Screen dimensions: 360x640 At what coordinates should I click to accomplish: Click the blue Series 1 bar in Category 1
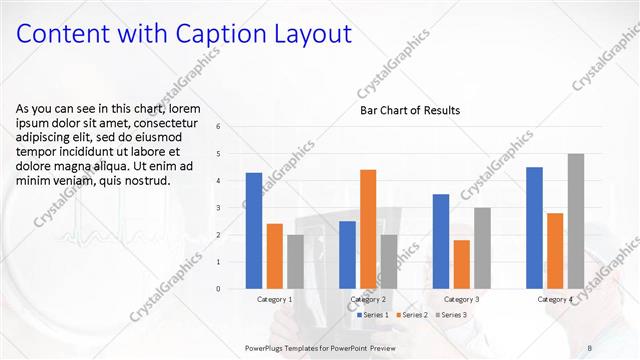254,231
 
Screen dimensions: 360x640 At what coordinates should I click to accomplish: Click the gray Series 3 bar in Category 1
295,262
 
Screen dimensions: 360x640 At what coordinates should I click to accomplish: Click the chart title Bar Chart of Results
410,111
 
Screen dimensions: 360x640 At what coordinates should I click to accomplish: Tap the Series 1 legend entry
376,315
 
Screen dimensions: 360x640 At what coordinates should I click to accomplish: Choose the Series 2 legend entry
414,315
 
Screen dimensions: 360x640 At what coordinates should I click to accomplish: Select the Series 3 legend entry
452,315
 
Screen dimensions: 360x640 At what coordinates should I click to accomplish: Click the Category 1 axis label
274,299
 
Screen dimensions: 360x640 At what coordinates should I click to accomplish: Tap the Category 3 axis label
461,299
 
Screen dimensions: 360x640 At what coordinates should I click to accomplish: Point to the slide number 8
588,346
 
